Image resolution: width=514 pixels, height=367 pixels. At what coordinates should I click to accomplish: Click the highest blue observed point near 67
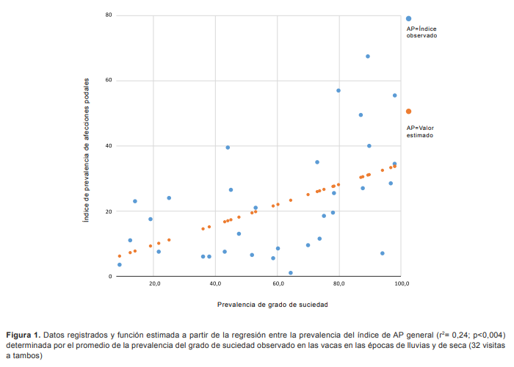click(368, 57)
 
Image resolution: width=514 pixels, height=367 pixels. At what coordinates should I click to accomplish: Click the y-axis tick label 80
click(108, 15)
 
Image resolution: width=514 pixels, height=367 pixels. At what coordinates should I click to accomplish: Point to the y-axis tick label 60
click(108, 80)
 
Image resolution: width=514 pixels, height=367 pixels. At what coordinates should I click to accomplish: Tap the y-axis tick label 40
click(108, 145)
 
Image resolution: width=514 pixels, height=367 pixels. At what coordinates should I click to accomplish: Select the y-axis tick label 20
click(108, 211)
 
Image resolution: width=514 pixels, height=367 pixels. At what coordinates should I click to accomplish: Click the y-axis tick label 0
click(109, 277)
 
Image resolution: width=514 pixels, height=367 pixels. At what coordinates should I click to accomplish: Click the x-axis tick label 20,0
click(154, 283)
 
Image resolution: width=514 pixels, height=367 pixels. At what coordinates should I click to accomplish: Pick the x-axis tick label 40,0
click(216, 283)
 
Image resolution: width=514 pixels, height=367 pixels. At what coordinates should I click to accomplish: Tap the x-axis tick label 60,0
click(278, 283)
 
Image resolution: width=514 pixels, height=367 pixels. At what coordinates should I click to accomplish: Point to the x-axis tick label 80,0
click(339, 283)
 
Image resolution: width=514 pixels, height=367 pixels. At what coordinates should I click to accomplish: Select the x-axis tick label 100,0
click(401, 283)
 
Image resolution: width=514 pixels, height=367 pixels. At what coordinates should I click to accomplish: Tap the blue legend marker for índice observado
click(408, 18)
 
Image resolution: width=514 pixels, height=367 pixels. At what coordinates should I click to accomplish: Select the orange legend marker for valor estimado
click(408, 112)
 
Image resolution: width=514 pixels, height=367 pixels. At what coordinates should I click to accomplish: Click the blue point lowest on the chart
click(291, 273)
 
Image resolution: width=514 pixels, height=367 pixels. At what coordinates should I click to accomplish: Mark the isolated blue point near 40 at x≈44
click(228, 148)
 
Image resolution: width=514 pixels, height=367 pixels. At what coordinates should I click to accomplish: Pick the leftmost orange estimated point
click(120, 256)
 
